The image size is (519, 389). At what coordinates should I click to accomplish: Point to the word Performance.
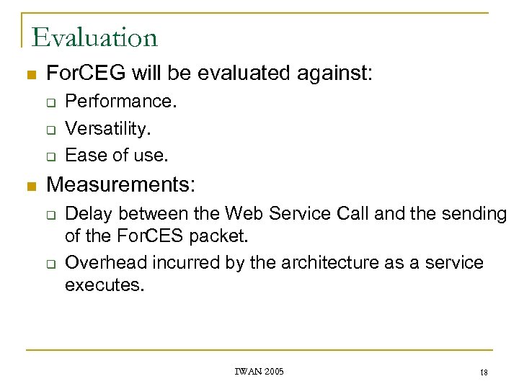120,102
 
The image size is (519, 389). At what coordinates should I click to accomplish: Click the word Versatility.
107,128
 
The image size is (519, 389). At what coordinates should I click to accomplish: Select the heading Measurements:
120,185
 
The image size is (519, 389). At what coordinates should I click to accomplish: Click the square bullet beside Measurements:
30,187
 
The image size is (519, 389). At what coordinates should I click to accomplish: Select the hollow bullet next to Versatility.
52,130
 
